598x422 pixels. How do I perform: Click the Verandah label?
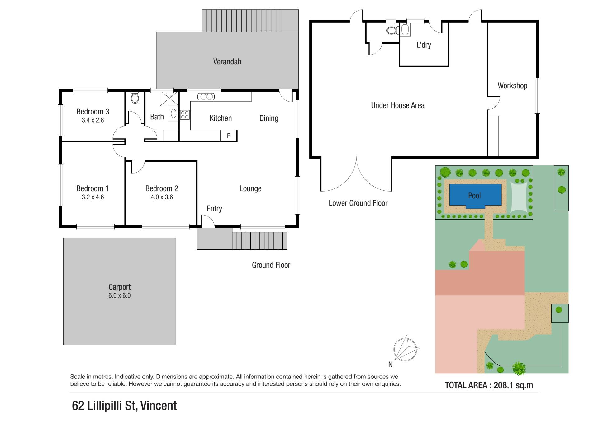[x=227, y=62]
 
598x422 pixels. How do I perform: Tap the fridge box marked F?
[x=228, y=136]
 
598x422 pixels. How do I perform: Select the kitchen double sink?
[x=206, y=97]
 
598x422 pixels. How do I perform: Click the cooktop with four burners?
[x=185, y=115]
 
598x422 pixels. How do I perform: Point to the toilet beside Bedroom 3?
[x=135, y=97]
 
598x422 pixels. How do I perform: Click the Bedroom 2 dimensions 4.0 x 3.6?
[x=162, y=197]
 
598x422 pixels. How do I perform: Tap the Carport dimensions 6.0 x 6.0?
[x=119, y=296]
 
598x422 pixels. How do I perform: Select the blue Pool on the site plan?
[x=475, y=195]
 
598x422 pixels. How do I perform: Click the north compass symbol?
[x=406, y=348]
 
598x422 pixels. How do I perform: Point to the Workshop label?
[x=512, y=86]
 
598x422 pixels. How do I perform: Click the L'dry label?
[x=424, y=45]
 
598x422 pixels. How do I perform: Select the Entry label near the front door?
[x=214, y=209]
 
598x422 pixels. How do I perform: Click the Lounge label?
[x=250, y=189]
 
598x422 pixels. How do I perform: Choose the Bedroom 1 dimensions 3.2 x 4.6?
[x=93, y=197]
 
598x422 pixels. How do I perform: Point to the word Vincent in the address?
[x=159, y=406]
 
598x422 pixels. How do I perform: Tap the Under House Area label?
[x=398, y=106]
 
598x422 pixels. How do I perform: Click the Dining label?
[x=269, y=118]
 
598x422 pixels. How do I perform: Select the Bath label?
[x=157, y=117]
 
